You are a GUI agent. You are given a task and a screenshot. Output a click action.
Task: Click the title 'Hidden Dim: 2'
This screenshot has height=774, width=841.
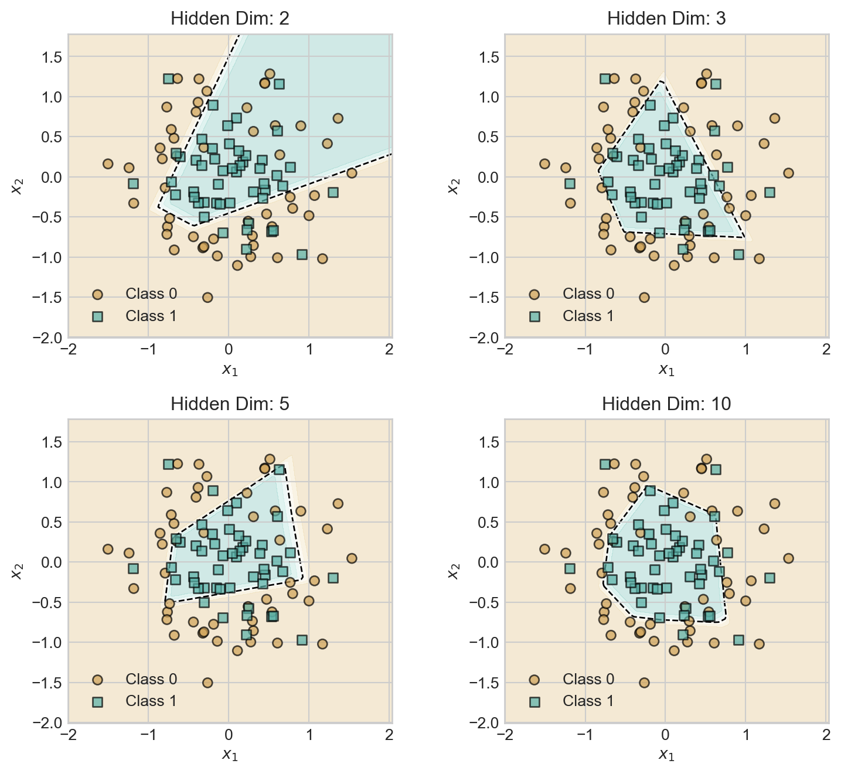pyautogui.click(x=230, y=19)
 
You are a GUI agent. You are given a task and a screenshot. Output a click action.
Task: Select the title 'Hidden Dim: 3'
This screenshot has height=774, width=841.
pyautogui.click(x=666, y=19)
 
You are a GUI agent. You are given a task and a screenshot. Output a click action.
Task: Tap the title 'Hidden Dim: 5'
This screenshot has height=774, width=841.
pyautogui.click(x=230, y=404)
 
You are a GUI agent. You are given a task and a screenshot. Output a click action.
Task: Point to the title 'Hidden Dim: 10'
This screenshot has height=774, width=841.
pyautogui.click(x=666, y=404)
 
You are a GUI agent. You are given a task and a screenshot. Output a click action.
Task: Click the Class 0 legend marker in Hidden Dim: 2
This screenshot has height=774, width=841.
pyautogui.click(x=97, y=294)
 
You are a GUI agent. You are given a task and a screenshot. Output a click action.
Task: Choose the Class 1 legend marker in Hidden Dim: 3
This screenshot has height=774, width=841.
pyautogui.click(x=534, y=316)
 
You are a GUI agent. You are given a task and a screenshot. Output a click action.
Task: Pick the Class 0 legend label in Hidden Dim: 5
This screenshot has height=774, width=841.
pyautogui.click(x=151, y=679)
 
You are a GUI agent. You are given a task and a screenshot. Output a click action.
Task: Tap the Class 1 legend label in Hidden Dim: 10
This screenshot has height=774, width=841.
pyautogui.click(x=588, y=701)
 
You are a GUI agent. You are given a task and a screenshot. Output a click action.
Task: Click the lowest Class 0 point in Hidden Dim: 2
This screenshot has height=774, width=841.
pyautogui.click(x=207, y=297)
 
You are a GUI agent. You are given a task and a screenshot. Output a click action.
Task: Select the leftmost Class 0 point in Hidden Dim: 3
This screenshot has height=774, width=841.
pyautogui.click(x=544, y=163)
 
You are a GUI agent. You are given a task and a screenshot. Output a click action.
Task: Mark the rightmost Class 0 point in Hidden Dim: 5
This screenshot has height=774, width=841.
pyautogui.click(x=352, y=558)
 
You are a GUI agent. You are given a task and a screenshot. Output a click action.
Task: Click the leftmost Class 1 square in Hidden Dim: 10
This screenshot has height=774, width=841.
pyautogui.click(x=570, y=568)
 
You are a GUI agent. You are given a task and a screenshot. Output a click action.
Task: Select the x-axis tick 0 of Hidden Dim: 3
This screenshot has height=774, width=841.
pyautogui.click(x=665, y=350)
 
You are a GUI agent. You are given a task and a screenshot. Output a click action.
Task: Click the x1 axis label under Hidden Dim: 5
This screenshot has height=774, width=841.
pyautogui.click(x=230, y=754)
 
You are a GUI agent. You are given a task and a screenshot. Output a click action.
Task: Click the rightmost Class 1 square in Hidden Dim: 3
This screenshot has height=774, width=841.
pyautogui.click(x=770, y=192)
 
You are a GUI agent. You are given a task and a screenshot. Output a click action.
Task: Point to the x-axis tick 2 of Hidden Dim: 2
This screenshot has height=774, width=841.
pyautogui.click(x=389, y=350)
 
